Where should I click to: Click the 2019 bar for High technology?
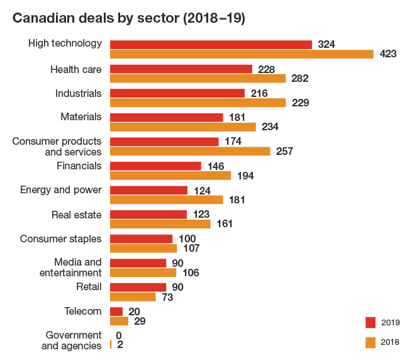tap(211, 44)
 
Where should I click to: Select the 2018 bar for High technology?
tap(242, 54)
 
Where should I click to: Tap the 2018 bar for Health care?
tap(198, 79)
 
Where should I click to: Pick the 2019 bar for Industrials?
tap(177, 93)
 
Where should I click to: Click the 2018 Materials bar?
tap(183, 127)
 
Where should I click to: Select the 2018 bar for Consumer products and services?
tap(190, 151)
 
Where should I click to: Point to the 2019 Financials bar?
tap(155, 166)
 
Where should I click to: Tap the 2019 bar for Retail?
tap(138, 287)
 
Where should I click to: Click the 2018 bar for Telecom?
tap(119, 321)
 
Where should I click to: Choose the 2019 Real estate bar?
tap(148, 215)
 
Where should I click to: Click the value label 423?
tap(388, 54)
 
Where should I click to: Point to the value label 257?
tap(285, 151)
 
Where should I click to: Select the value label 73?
tap(167, 297)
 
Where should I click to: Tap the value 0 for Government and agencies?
tap(118, 335)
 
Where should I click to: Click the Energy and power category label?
tap(61, 189)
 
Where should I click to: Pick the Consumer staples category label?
tap(60, 239)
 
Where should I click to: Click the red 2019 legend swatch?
tap(370, 322)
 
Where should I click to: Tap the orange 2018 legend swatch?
tap(370, 342)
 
